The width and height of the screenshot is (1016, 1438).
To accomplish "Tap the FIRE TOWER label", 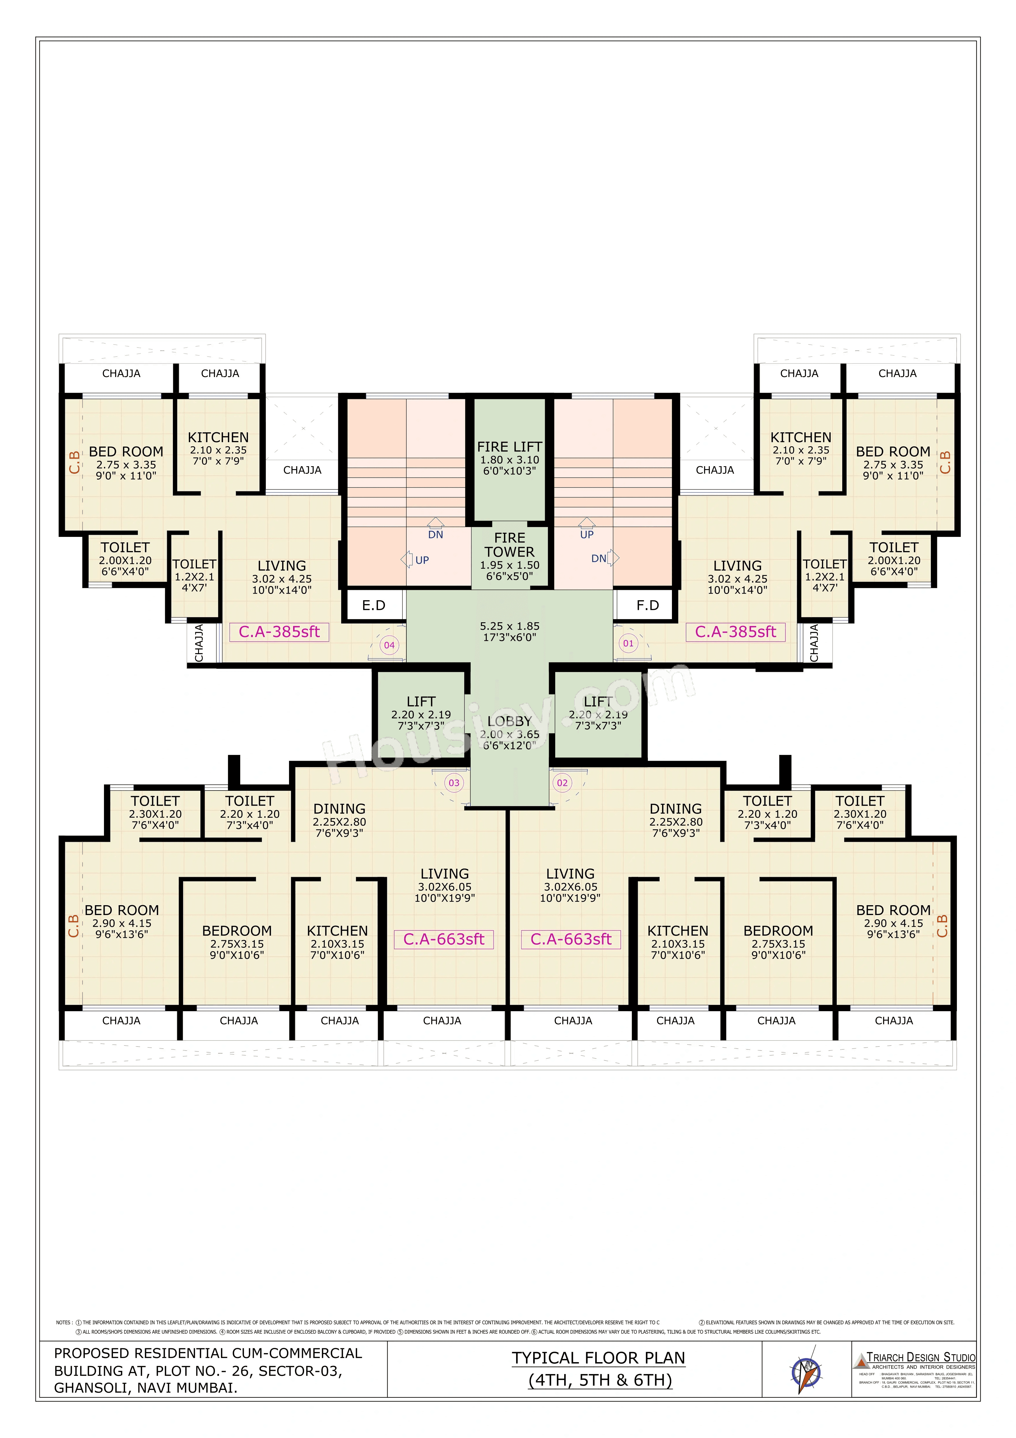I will coord(509,545).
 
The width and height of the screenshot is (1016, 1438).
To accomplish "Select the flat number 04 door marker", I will coord(390,645).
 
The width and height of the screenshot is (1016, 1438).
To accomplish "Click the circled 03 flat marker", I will coord(454,783).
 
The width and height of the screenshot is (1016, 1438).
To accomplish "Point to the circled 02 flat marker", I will coord(562,783).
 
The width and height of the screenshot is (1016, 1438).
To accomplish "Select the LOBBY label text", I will coord(509,722).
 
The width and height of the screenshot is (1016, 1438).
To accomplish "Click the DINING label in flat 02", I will coord(675,808).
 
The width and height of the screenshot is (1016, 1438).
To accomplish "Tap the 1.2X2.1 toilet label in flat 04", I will coord(194,577).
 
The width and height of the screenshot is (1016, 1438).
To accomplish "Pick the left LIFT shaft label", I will coord(421,701).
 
